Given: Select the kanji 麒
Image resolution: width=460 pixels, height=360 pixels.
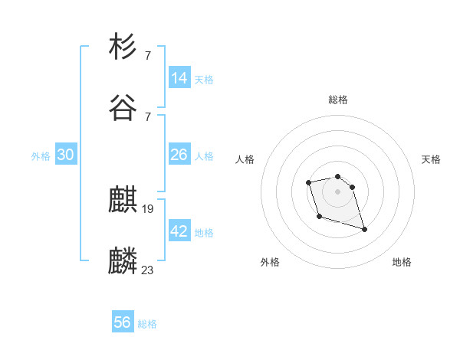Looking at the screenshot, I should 123,201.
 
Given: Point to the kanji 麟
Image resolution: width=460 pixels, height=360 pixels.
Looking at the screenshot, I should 123,261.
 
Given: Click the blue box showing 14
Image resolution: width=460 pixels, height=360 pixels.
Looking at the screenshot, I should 179,78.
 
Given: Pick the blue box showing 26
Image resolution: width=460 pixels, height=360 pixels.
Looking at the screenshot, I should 179,155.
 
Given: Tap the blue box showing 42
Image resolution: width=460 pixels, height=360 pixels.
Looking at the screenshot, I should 179,231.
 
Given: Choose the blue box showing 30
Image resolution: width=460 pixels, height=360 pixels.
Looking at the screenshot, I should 66,155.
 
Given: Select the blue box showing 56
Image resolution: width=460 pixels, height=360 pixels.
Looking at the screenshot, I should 123,322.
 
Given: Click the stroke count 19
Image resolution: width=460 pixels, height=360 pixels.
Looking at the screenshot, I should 149,209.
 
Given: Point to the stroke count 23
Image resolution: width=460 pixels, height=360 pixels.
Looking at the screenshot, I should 148,270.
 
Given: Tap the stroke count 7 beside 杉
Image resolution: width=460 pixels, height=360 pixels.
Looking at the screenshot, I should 148,55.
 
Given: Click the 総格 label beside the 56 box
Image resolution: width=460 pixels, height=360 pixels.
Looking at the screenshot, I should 147,324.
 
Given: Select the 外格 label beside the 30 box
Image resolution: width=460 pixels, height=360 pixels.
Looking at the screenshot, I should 41,156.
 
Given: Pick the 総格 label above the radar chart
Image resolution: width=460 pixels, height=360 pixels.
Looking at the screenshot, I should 338,100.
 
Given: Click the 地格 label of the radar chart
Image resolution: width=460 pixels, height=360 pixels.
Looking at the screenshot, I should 402,263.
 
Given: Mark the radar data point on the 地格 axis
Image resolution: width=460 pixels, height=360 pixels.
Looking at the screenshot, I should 364,229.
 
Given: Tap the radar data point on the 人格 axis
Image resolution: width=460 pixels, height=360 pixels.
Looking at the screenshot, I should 308,182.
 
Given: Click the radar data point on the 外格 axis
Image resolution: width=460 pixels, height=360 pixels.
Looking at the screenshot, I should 319,217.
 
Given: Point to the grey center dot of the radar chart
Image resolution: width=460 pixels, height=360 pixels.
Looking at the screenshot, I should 337,191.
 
